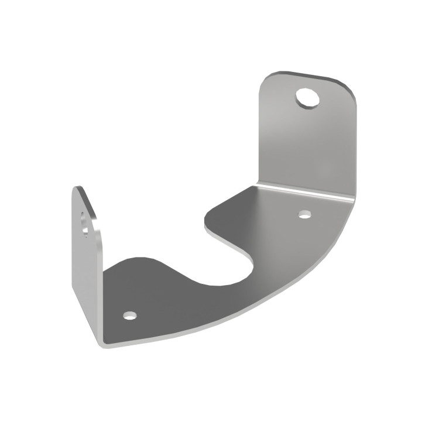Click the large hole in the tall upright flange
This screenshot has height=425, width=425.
pyautogui.click(x=307, y=97)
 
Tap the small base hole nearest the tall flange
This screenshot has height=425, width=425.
pyautogui.click(x=304, y=214)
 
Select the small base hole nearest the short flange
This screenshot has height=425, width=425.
pyautogui.click(x=130, y=316)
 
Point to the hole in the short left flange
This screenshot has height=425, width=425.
pyautogui.click(x=86, y=224)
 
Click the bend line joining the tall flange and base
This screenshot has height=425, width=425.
pyautogui.click(x=304, y=191)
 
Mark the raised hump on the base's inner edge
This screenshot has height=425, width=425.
pyautogui.click(x=140, y=262)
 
